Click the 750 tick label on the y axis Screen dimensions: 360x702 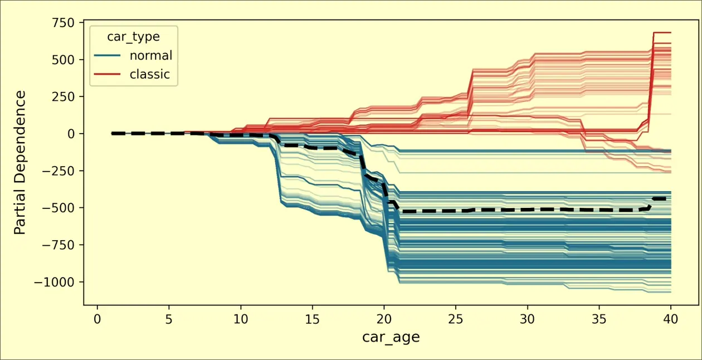[x=65, y=22]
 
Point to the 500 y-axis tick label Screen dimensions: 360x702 [x=65, y=60]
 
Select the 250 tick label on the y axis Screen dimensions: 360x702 [x=65, y=96]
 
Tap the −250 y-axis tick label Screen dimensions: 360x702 [x=60, y=171]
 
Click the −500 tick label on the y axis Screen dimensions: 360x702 [x=60, y=208]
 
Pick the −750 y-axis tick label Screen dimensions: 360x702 [x=60, y=245]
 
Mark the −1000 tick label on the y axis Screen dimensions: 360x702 [x=57, y=282]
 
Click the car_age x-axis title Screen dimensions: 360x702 [x=391, y=337]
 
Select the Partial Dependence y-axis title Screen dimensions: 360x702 [x=20, y=162]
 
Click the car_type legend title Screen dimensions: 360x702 [x=134, y=37]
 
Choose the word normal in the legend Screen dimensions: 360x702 [x=151, y=55]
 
